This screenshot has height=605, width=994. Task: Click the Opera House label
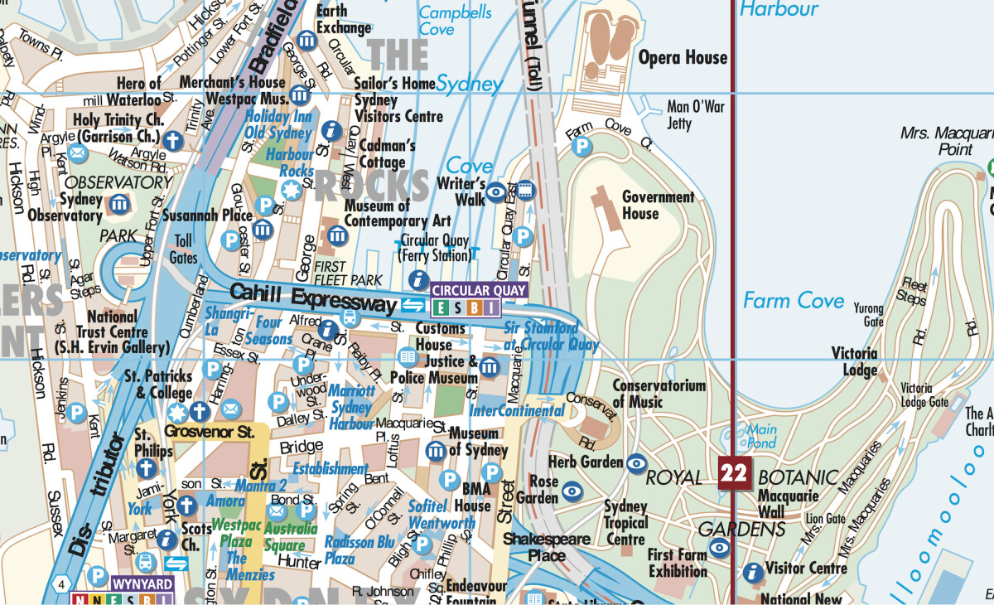point(683,57)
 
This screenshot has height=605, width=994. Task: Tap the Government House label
point(658,205)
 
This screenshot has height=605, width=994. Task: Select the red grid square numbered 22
point(734,473)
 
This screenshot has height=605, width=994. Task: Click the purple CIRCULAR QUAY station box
point(479,290)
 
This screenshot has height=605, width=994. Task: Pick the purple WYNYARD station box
point(142,584)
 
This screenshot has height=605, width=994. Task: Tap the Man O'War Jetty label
point(696,114)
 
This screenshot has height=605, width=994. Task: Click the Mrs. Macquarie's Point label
point(944,141)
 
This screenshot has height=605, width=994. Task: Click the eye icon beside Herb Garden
point(636,463)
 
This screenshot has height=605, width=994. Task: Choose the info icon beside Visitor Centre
point(753,572)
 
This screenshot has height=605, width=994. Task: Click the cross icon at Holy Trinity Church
point(172,140)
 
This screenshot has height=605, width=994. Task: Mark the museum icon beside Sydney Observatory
point(119,204)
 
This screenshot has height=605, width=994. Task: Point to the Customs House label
point(434,336)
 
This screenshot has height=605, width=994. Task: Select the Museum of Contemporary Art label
point(398,213)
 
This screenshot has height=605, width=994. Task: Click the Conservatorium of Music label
point(659,394)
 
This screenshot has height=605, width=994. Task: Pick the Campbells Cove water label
point(455,21)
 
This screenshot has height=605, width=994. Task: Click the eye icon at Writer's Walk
point(495,192)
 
